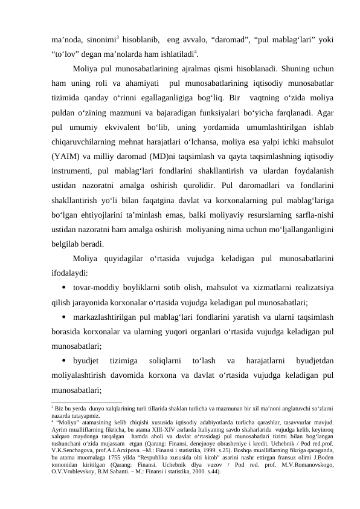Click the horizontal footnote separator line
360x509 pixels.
(87, 402)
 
